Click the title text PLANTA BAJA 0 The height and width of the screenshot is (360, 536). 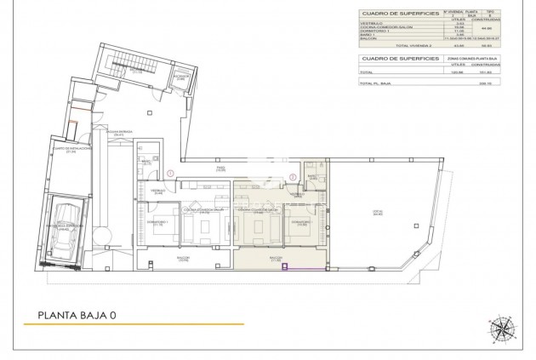77,315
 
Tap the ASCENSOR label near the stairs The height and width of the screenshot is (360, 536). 180,77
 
